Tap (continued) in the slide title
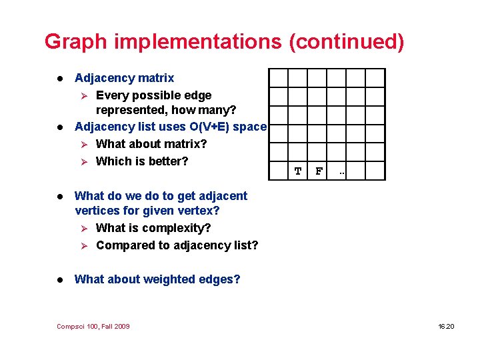(347, 41)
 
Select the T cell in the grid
(298, 171)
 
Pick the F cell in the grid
(319, 171)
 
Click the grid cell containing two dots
(341, 171)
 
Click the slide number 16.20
(446, 326)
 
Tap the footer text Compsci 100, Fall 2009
(93, 326)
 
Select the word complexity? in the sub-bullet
(180, 228)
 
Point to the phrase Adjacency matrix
(124, 78)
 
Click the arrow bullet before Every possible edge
(83, 95)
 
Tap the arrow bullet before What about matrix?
(83, 144)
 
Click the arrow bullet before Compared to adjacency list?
(83, 245)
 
